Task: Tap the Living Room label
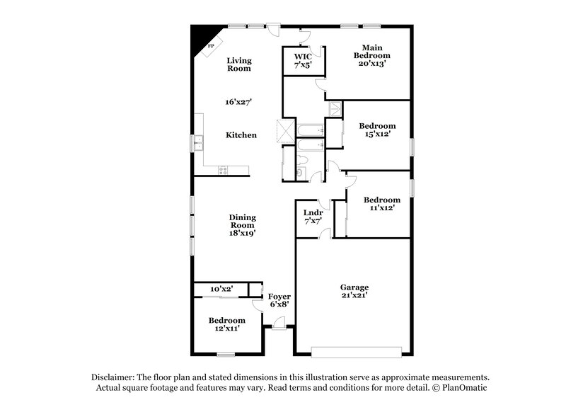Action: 239,65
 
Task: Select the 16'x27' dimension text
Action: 239,102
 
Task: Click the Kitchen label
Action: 241,135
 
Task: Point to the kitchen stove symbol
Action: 224,170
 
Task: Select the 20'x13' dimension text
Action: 372,63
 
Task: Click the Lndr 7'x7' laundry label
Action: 313,217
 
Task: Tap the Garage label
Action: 354,287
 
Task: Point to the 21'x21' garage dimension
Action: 354,296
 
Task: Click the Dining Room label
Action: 242,221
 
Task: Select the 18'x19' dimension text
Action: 242,232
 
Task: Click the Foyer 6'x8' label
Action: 279,300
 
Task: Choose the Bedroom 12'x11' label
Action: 226,325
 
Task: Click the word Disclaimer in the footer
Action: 114,377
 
